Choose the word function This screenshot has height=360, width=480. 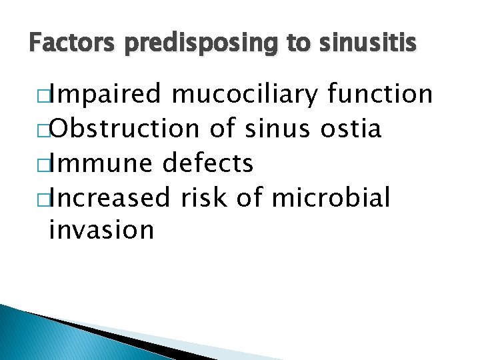tap(380, 94)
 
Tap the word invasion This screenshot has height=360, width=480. tap(101, 231)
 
